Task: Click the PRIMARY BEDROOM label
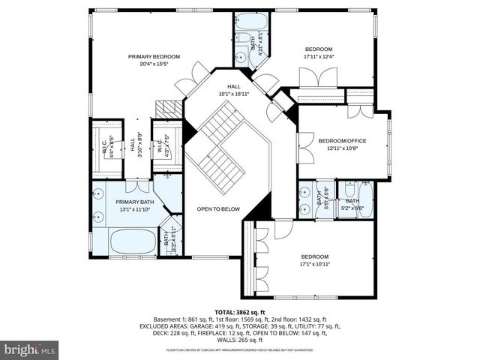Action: [154, 56]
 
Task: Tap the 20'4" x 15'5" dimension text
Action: [154, 64]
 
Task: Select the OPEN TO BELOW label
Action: [218, 208]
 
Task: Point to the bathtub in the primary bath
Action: [133, 241]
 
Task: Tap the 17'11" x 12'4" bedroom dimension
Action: [319, 56]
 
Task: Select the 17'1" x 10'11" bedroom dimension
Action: [316, 263]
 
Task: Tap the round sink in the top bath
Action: [239, 56]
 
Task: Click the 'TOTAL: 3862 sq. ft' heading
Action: [239, 312]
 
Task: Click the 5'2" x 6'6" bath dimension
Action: [352, 208]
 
